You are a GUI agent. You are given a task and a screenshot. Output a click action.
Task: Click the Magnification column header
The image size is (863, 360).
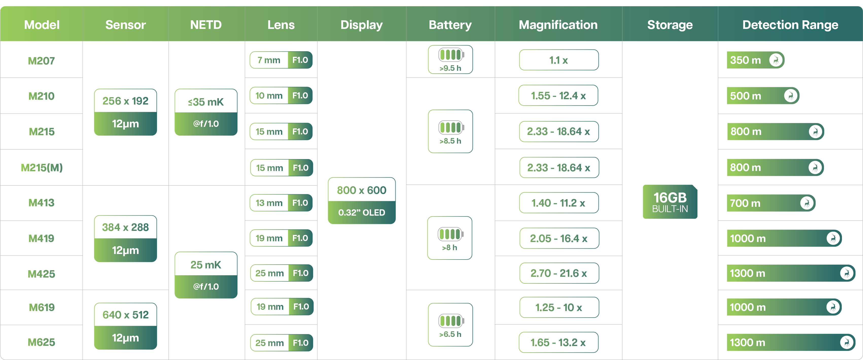[x=558, y=25]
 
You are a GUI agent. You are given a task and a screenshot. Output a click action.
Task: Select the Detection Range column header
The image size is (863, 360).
[x=790, y=25]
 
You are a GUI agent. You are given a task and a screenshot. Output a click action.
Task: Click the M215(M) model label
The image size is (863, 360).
[x=42, y=168]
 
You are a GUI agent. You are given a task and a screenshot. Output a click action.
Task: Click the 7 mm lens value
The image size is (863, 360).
[x=269, y=60]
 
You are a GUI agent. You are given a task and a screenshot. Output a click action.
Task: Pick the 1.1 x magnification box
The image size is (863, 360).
[x=559, y=60]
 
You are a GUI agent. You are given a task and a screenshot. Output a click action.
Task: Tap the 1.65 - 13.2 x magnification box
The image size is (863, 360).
[x=558, y=342]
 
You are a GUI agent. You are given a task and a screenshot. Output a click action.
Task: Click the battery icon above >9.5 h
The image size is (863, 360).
[x=451, y=54]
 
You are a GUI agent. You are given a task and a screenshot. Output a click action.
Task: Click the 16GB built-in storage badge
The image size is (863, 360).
[x=670, y=202]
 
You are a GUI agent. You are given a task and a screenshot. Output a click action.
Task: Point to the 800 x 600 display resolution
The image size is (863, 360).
[x=361, y=190]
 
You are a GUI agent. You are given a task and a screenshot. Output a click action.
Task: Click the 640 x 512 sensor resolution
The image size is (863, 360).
[x=126, y=315]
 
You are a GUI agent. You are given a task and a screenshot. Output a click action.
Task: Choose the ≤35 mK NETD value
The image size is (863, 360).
[x=206, y=102]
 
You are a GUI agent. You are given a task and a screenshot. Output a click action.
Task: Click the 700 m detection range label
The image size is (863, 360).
[x=745, y=203]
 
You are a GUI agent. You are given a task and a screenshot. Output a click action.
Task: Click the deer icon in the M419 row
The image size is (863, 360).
[x=833, y=238]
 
